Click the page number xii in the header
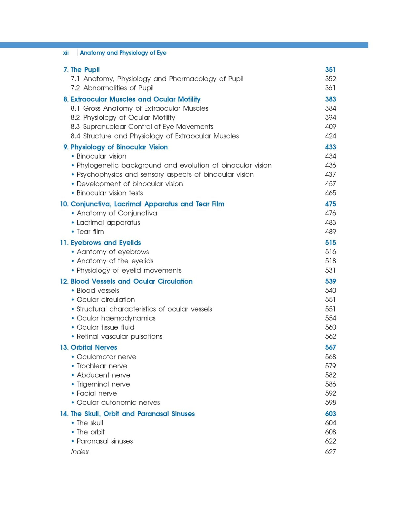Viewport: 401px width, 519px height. click(x=66, y=53)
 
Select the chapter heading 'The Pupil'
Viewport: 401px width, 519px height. click(x=85, y=70)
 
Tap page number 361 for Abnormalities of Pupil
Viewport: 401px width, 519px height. click(x=330, y=88)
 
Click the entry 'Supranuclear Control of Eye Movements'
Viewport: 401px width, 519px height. click(x=148, y=127)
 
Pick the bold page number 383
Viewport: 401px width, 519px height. click(x=330, y=99)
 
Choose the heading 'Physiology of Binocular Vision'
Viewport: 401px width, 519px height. click(x=119, y=147)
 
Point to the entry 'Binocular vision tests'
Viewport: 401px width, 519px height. click(x=110, y=193)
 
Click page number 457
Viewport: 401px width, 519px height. click(x=330, y=184)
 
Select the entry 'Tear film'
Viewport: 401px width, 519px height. click(x=90, y=232)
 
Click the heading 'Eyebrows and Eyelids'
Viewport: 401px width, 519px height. click(x=106, y=243)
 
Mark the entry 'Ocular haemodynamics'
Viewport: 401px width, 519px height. click(x=116, y=318)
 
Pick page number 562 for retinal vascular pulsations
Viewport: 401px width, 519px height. click(x=330, y=336)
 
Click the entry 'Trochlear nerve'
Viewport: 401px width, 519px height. click(x=102, y=366)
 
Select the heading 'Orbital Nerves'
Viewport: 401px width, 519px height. click(x=94, y=348)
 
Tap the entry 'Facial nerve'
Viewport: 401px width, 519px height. click(x=96, y=393)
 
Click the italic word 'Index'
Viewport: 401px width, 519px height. click(x=80, y=452)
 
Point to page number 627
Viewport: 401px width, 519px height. click(x=330, y=452)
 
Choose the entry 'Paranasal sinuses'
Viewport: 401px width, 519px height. click(x=104, y=441)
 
